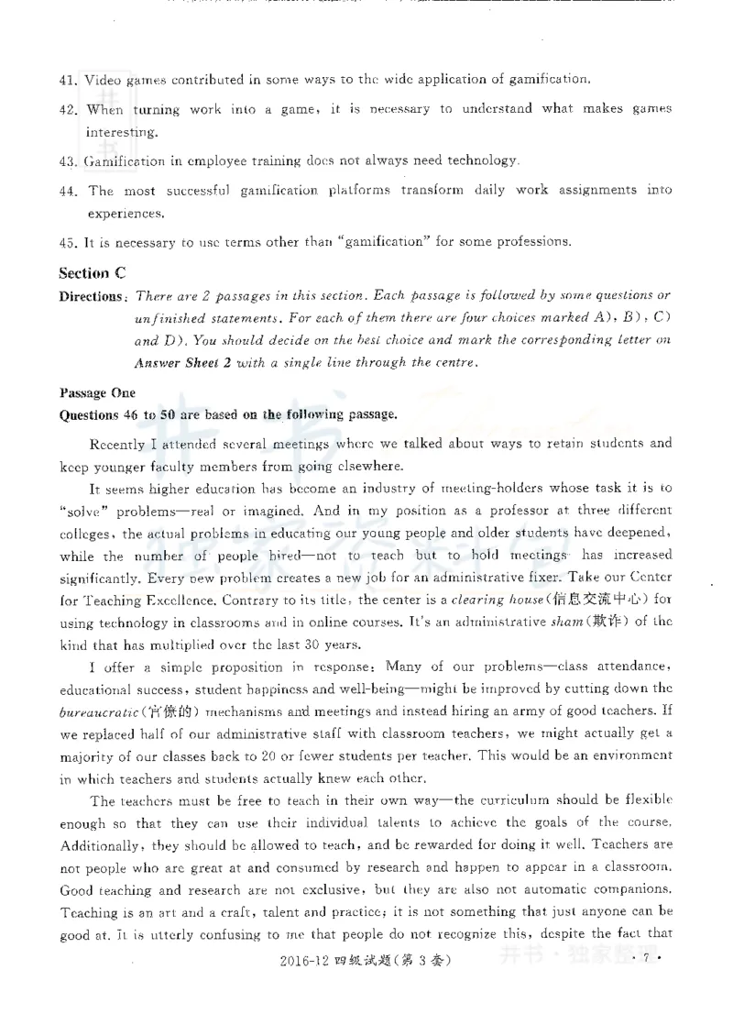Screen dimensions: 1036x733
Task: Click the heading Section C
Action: (x=91, y=273)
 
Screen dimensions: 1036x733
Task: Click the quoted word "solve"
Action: (x=80, y=511)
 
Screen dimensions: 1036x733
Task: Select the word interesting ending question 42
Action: (x=122, y=131)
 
